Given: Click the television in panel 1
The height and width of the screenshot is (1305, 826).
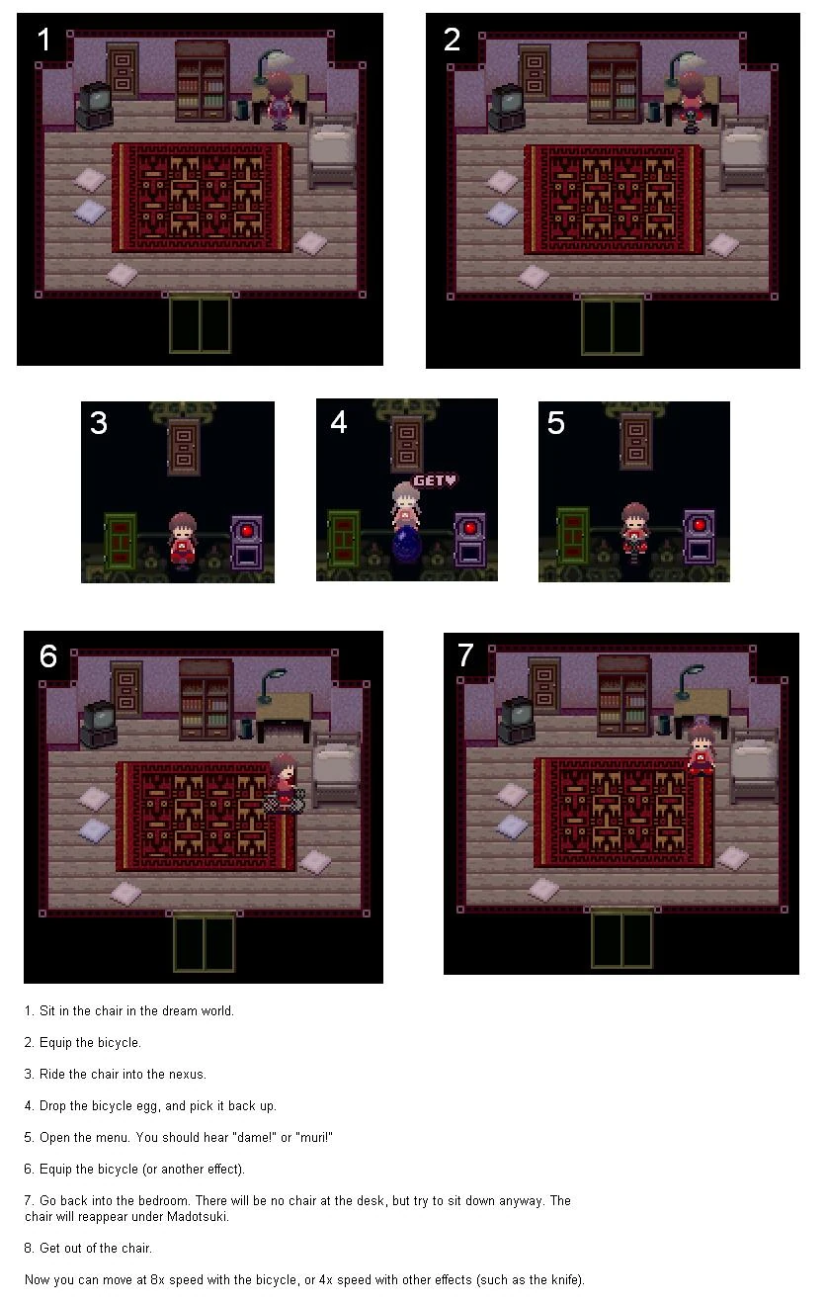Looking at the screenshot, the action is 94,105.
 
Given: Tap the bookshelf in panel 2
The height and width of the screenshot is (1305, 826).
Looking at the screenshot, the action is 614,82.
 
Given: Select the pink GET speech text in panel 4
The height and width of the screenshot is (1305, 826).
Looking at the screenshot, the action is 435,480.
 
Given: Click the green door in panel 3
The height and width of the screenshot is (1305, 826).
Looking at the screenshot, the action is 121,541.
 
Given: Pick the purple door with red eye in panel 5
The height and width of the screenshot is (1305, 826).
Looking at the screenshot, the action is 700,537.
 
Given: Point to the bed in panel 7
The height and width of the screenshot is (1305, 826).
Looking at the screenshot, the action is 755,765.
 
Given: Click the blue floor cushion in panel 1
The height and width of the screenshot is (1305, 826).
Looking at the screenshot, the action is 91,211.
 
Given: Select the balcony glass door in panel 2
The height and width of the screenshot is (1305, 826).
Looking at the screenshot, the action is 612,325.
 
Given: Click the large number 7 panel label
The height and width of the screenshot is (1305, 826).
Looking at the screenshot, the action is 465,654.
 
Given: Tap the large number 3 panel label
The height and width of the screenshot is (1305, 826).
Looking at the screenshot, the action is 99,422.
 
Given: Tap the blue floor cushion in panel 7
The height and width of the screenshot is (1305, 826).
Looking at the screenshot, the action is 511,826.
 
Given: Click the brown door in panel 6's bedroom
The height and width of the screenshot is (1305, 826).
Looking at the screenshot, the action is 126,689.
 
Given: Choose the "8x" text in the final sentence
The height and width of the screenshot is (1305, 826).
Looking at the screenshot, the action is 157,1279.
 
